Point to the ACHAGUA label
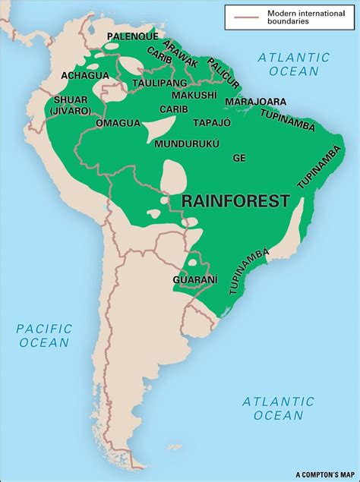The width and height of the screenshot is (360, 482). (85, 75)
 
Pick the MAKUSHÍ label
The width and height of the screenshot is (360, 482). (194, 95)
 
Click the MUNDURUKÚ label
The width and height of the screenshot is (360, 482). (187, 143)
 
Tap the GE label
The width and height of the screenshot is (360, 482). (239, 158)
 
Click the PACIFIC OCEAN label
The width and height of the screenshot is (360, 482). (45, 335)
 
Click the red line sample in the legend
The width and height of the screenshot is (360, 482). (242, 16)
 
